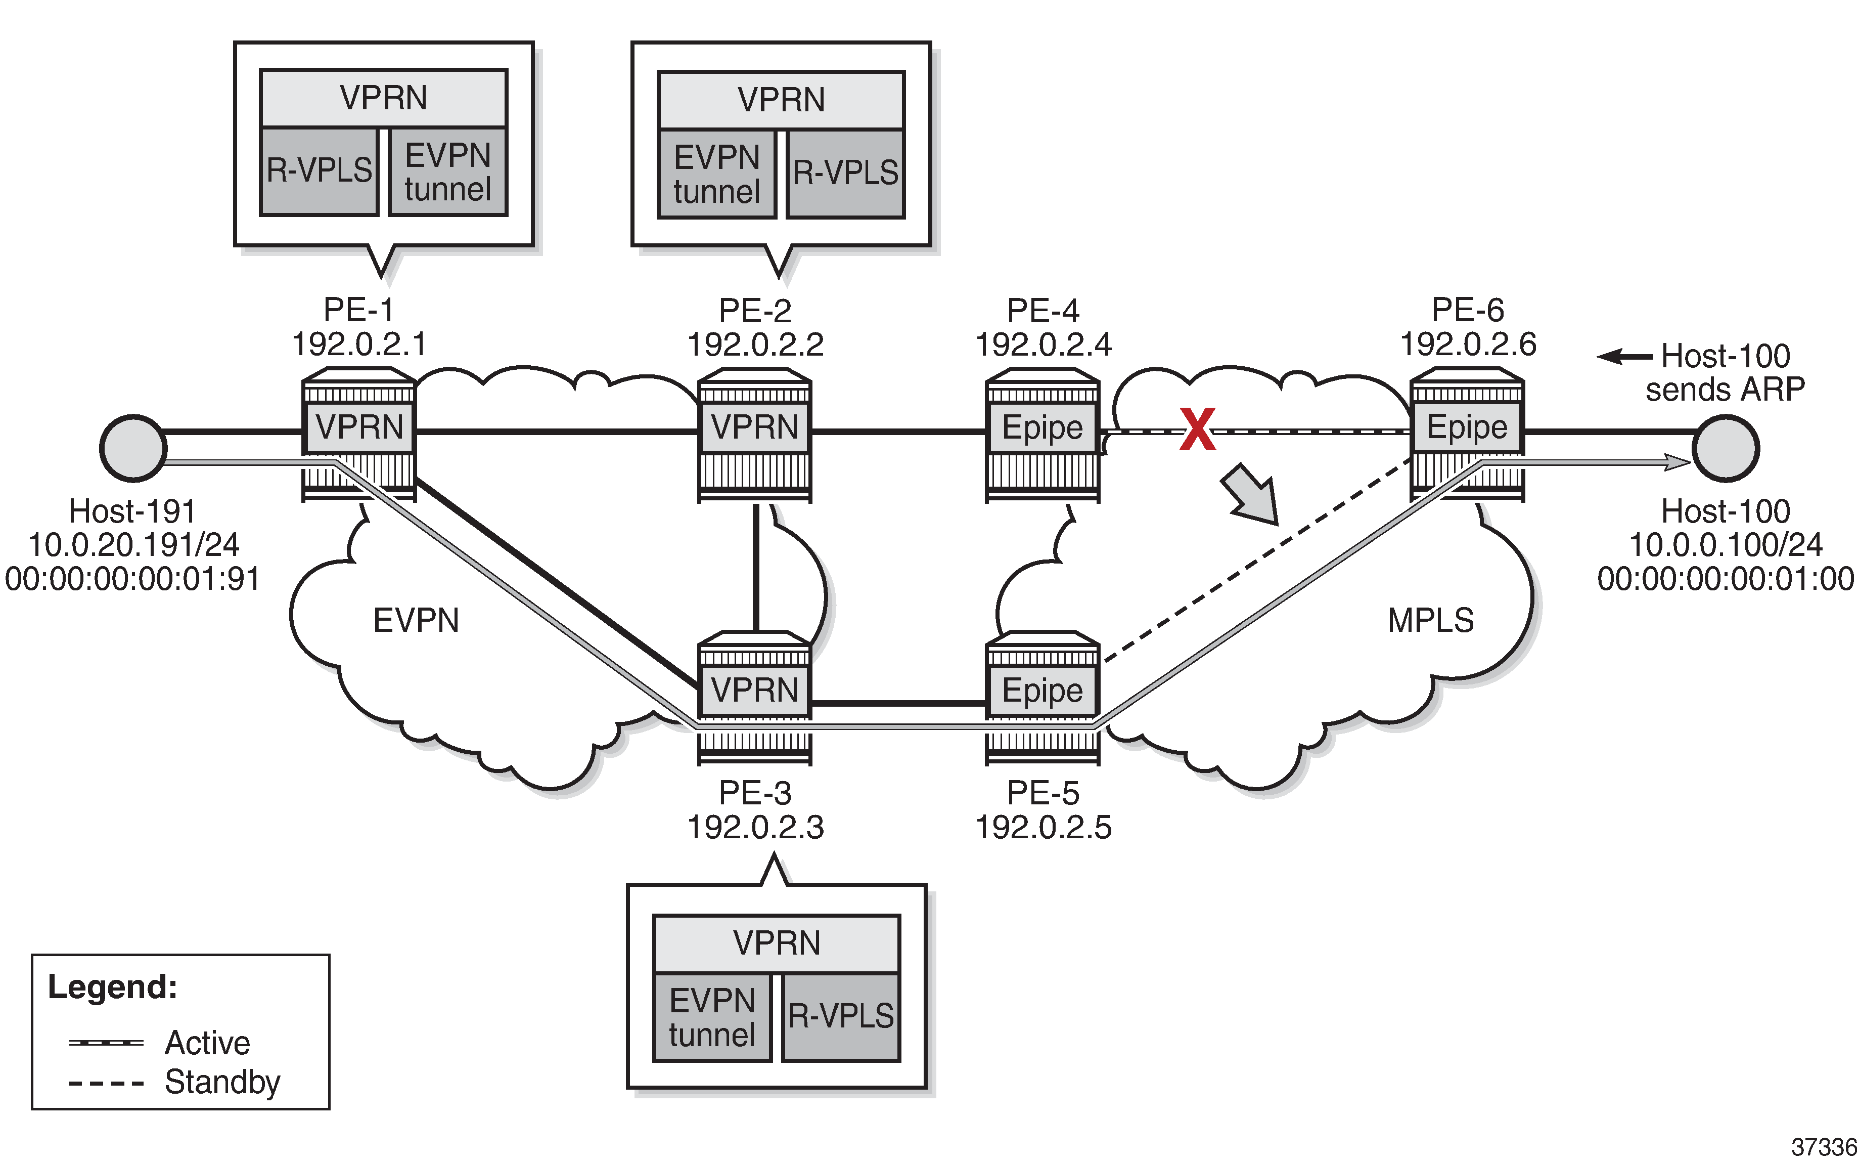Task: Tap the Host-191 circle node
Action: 133,448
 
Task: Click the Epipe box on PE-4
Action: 1042,427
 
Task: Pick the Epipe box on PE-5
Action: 1042,691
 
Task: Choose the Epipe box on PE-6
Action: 1467,427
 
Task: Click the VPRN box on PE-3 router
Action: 754,690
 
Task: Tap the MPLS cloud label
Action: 1430,620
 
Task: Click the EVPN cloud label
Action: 416,620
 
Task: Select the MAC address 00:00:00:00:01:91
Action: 133,579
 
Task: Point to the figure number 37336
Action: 1824,1146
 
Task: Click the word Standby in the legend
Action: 222,1082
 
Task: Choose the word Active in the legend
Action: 207,1043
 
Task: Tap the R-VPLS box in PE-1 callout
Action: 319,170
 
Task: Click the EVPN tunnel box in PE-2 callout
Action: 717,175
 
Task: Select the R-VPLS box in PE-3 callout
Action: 841,1017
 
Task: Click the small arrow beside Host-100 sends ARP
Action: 1624,356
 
